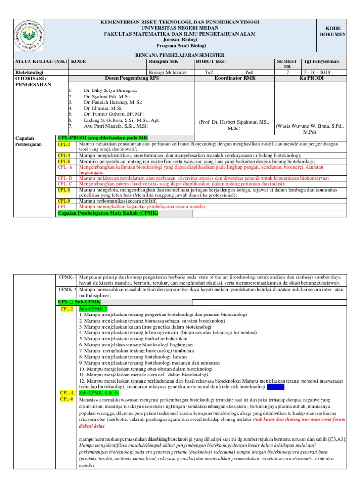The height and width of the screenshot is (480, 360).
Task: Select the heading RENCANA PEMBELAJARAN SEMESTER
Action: [x=180, y=55]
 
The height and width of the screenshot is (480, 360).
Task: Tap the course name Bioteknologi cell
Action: [x=30, y=73]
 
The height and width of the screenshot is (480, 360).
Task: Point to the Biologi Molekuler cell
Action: [x=167, y=73]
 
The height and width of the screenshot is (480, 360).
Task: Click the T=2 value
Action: [x=209, y=73]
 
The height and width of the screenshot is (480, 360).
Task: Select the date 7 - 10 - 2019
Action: [x=317, y=73]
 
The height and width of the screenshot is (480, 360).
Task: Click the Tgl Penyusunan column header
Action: [x=322, y=61]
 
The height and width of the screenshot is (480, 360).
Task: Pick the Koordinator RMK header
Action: [x=234, y=78]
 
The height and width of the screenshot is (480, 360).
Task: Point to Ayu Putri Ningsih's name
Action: [x=116, y=126]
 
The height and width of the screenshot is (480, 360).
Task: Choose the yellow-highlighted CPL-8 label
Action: [x=64, y=190]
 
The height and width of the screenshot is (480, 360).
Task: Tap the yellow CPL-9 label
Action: [x=64, y=201]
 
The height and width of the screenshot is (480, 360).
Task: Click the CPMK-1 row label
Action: [x=68, y=277]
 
